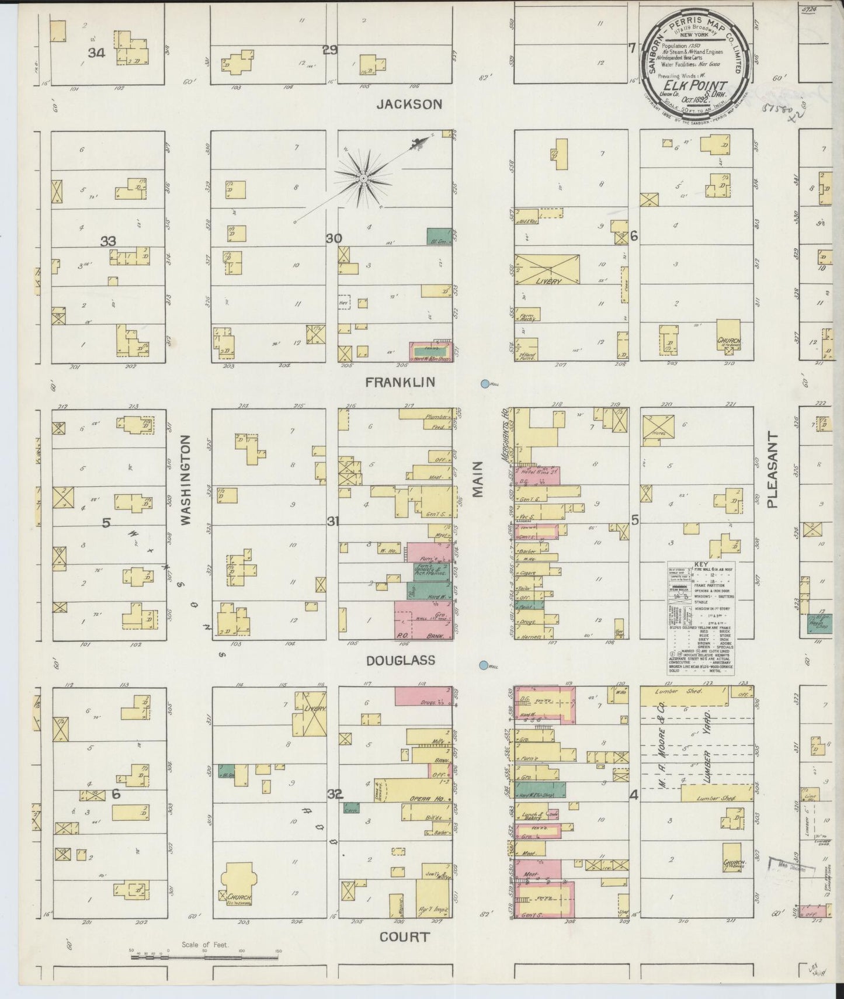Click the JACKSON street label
tap(409, 105)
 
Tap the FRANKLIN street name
tap(401, 382)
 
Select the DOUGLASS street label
tap(401, 661)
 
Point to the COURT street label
tap(404, 937)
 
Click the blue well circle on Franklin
tap(484, 384)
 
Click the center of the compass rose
tap(363, 177)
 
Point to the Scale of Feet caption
tap(205, 945)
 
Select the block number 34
tap(96, 53)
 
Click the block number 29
tap(331, 50)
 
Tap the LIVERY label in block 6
tap(547, 281)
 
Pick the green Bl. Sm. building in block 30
tap(439, 236)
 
